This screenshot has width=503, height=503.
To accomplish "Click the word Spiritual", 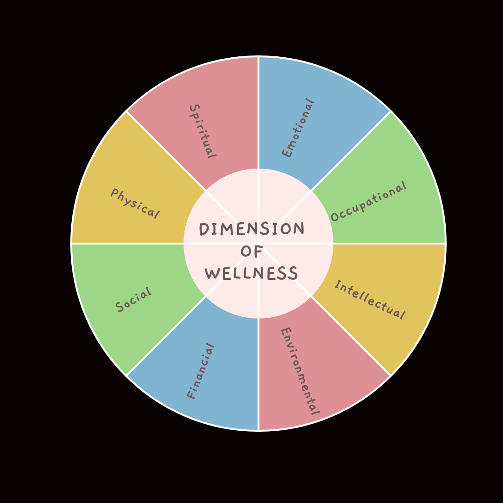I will click(202, 131).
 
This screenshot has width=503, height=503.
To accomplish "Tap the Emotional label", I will click(298, 128).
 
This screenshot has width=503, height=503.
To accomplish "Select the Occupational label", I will click(368, 202).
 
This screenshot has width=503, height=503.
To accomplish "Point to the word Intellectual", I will click(369, 300).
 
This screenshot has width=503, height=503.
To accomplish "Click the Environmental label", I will click(299, 371).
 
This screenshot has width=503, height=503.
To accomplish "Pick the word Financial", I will click(201, 371).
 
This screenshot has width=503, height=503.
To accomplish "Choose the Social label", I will click(134, 300).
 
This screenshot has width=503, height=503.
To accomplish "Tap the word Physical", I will click(135, 204).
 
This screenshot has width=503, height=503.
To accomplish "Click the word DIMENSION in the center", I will click(251, 229).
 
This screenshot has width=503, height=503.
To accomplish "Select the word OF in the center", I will click(252, 251).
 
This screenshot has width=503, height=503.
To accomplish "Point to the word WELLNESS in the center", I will click(251, 273).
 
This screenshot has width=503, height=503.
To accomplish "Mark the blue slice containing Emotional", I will click(326, 102).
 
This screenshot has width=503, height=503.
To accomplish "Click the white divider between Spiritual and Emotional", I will click(258, 112).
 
